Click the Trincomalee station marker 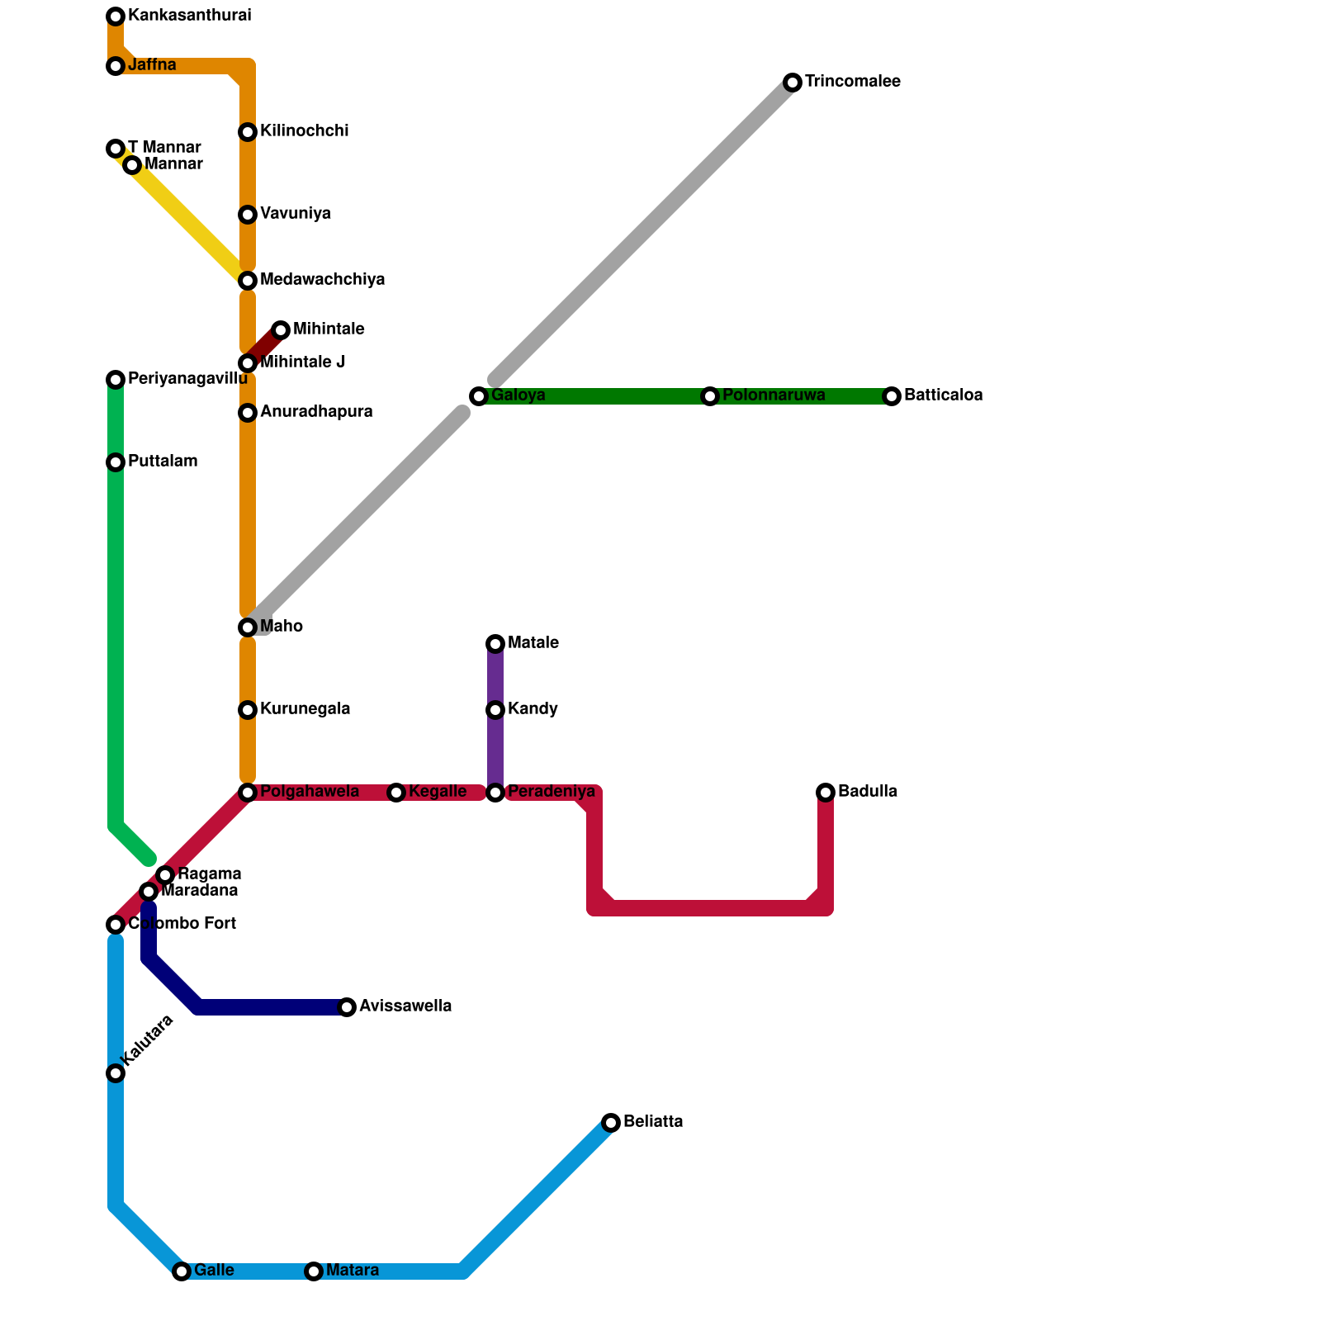pyautogui.click(x=793, y=83)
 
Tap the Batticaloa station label pyautogui.click(x=943, y=395)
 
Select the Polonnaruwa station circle pyautogui.click(x=710, y=396)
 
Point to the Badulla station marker pyautogui.click(x=826, y=793)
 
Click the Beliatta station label pyautogui.click(x=653, y=1122)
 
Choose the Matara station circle pyautogui.click(x=314, y=1271)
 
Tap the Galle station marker pyautogui.click(x=182, y=1271)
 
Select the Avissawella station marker pyautogui.click(x=347, y=1007)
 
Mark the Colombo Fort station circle pyautogui.click(x=116, y=925)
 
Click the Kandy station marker pyautogui.click(x=495, y=710)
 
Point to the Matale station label pyautogui.click(x=533, y=643)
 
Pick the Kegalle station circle pyautogui.click(x=396, y=793)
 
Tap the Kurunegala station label pyautogui.click(x=305, y=709)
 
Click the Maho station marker pyautogui.click(x=248, y=627)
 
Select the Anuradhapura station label pyautogui.click(x=316, y=412)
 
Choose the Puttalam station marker pyautogui.click(x=116, y=462)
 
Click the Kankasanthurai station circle pyautogui.click(x=116, y=17)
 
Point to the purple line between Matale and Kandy pyautogui.click(x=495, y=677)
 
